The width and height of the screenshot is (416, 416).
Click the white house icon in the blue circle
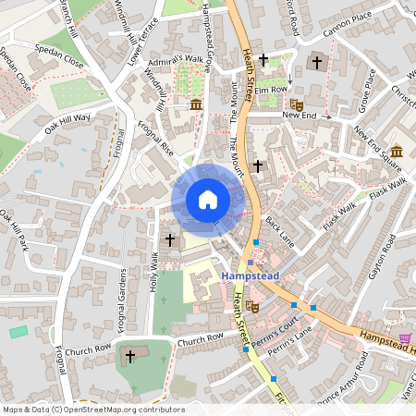[208, 199]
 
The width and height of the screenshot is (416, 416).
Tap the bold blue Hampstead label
[251, 275]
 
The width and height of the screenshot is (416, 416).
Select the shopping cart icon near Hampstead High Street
[402, 338]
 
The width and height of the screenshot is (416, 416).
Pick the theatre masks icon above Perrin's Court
[251, 307]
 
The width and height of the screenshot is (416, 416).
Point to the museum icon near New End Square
[396, 152]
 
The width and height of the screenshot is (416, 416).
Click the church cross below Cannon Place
[317, 62]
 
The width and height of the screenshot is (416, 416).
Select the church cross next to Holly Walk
[169, 239]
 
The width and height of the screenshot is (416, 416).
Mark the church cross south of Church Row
[130, 355]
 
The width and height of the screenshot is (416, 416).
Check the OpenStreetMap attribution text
[92, 410]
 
